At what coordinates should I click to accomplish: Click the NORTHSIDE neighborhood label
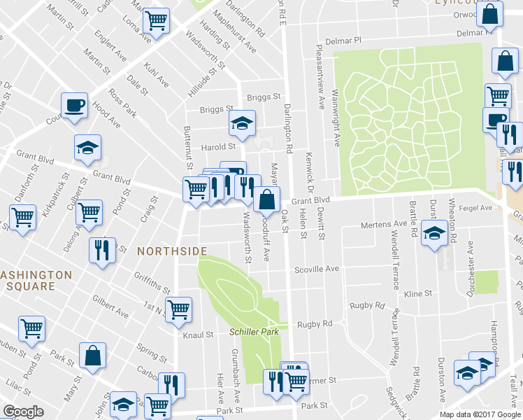(172, 251)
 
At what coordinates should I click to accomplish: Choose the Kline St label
(417, 294)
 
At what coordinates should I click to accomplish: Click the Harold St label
(218, 147)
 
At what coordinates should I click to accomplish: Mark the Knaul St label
(198, 335)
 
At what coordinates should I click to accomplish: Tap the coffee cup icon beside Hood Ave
(74, 106)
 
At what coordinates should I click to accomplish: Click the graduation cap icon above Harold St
(241, 124)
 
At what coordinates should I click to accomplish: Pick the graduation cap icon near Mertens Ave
(434, 232)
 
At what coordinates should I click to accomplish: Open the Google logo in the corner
(23, 412)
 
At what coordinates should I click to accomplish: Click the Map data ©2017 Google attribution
(479, 414)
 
